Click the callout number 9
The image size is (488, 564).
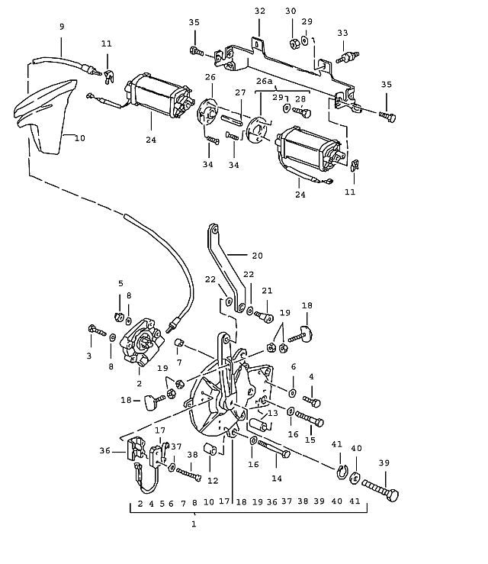62,27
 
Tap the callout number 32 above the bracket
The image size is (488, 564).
260,11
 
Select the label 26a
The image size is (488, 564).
265,80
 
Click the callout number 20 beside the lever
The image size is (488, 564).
257,256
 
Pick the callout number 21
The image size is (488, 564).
267,292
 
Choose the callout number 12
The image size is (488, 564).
213,481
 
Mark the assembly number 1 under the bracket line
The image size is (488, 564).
193,524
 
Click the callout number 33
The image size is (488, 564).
343,33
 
